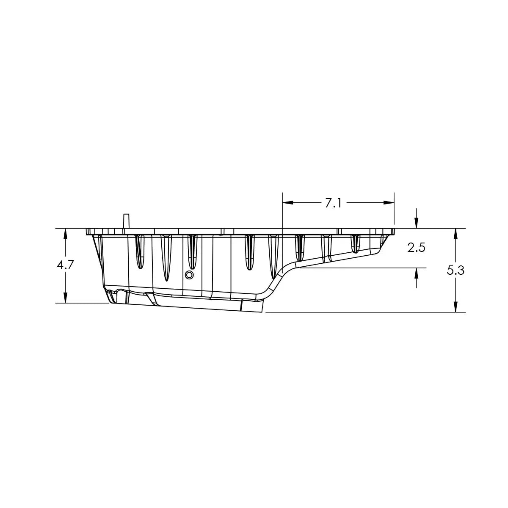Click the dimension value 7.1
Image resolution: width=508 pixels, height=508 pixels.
click(x=333, y=203)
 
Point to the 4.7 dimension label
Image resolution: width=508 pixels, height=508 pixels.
click(x=65, y=265)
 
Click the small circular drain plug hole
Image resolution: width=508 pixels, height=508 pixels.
click(x=189, y=275)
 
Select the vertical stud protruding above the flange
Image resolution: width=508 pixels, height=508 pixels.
click(x=125, y=221)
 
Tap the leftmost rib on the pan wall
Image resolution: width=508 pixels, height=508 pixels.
click(x=139, y=251)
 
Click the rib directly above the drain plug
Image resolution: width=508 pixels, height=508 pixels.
click(x=192, y=251)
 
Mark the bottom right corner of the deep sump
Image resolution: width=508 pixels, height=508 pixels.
click(x=262, y=312)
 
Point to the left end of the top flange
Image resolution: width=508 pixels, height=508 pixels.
click(x=87, y=232)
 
